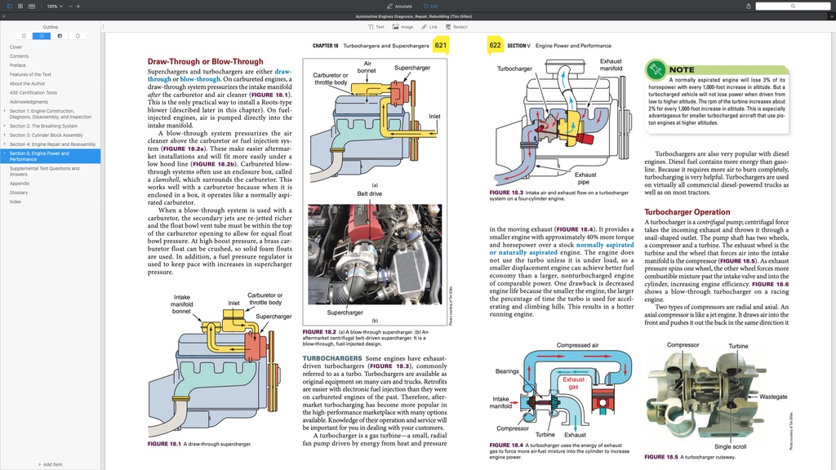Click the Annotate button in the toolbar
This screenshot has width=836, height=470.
click(398, 6)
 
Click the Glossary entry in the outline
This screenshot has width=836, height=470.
click(19, 193)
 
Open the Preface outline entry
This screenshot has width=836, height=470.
click(17, 65)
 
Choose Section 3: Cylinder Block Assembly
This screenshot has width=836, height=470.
click(46, 135)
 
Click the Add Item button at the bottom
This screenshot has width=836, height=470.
click(50, 464)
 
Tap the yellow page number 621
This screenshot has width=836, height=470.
click(441, 46)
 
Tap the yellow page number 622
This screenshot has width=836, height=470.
click(495, 46)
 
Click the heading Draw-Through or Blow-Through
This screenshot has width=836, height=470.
click(205, 61)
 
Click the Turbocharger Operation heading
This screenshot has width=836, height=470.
click(687, 211)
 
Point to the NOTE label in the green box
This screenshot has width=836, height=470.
click(682, 70)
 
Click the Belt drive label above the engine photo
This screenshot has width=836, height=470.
click(369, 193)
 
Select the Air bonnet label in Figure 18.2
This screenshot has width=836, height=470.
click(367, 68)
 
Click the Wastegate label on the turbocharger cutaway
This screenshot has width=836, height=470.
click(773, 397)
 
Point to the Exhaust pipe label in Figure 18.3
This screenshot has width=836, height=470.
click(585, 178)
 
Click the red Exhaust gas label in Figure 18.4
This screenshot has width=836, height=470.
click(573, 384)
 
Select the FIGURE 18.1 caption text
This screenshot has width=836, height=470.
click(198, 444)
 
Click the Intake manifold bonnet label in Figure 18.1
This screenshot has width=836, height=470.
click(182, 304)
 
